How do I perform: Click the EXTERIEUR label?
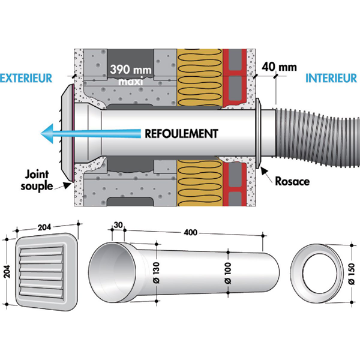point(26,78)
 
